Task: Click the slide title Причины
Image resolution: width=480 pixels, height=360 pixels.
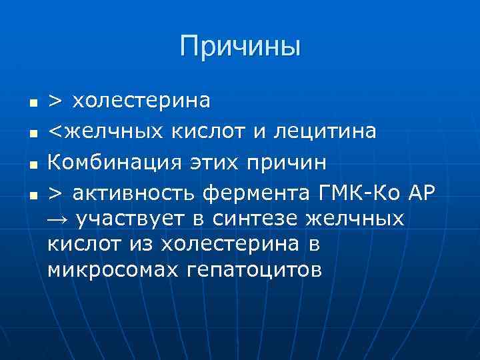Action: (240, 47)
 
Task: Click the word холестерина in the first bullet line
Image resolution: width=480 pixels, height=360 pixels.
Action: (141, 101)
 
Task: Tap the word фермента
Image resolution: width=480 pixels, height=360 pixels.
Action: (258, 193)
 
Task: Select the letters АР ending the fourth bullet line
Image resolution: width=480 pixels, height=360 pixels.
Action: (420, 193)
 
